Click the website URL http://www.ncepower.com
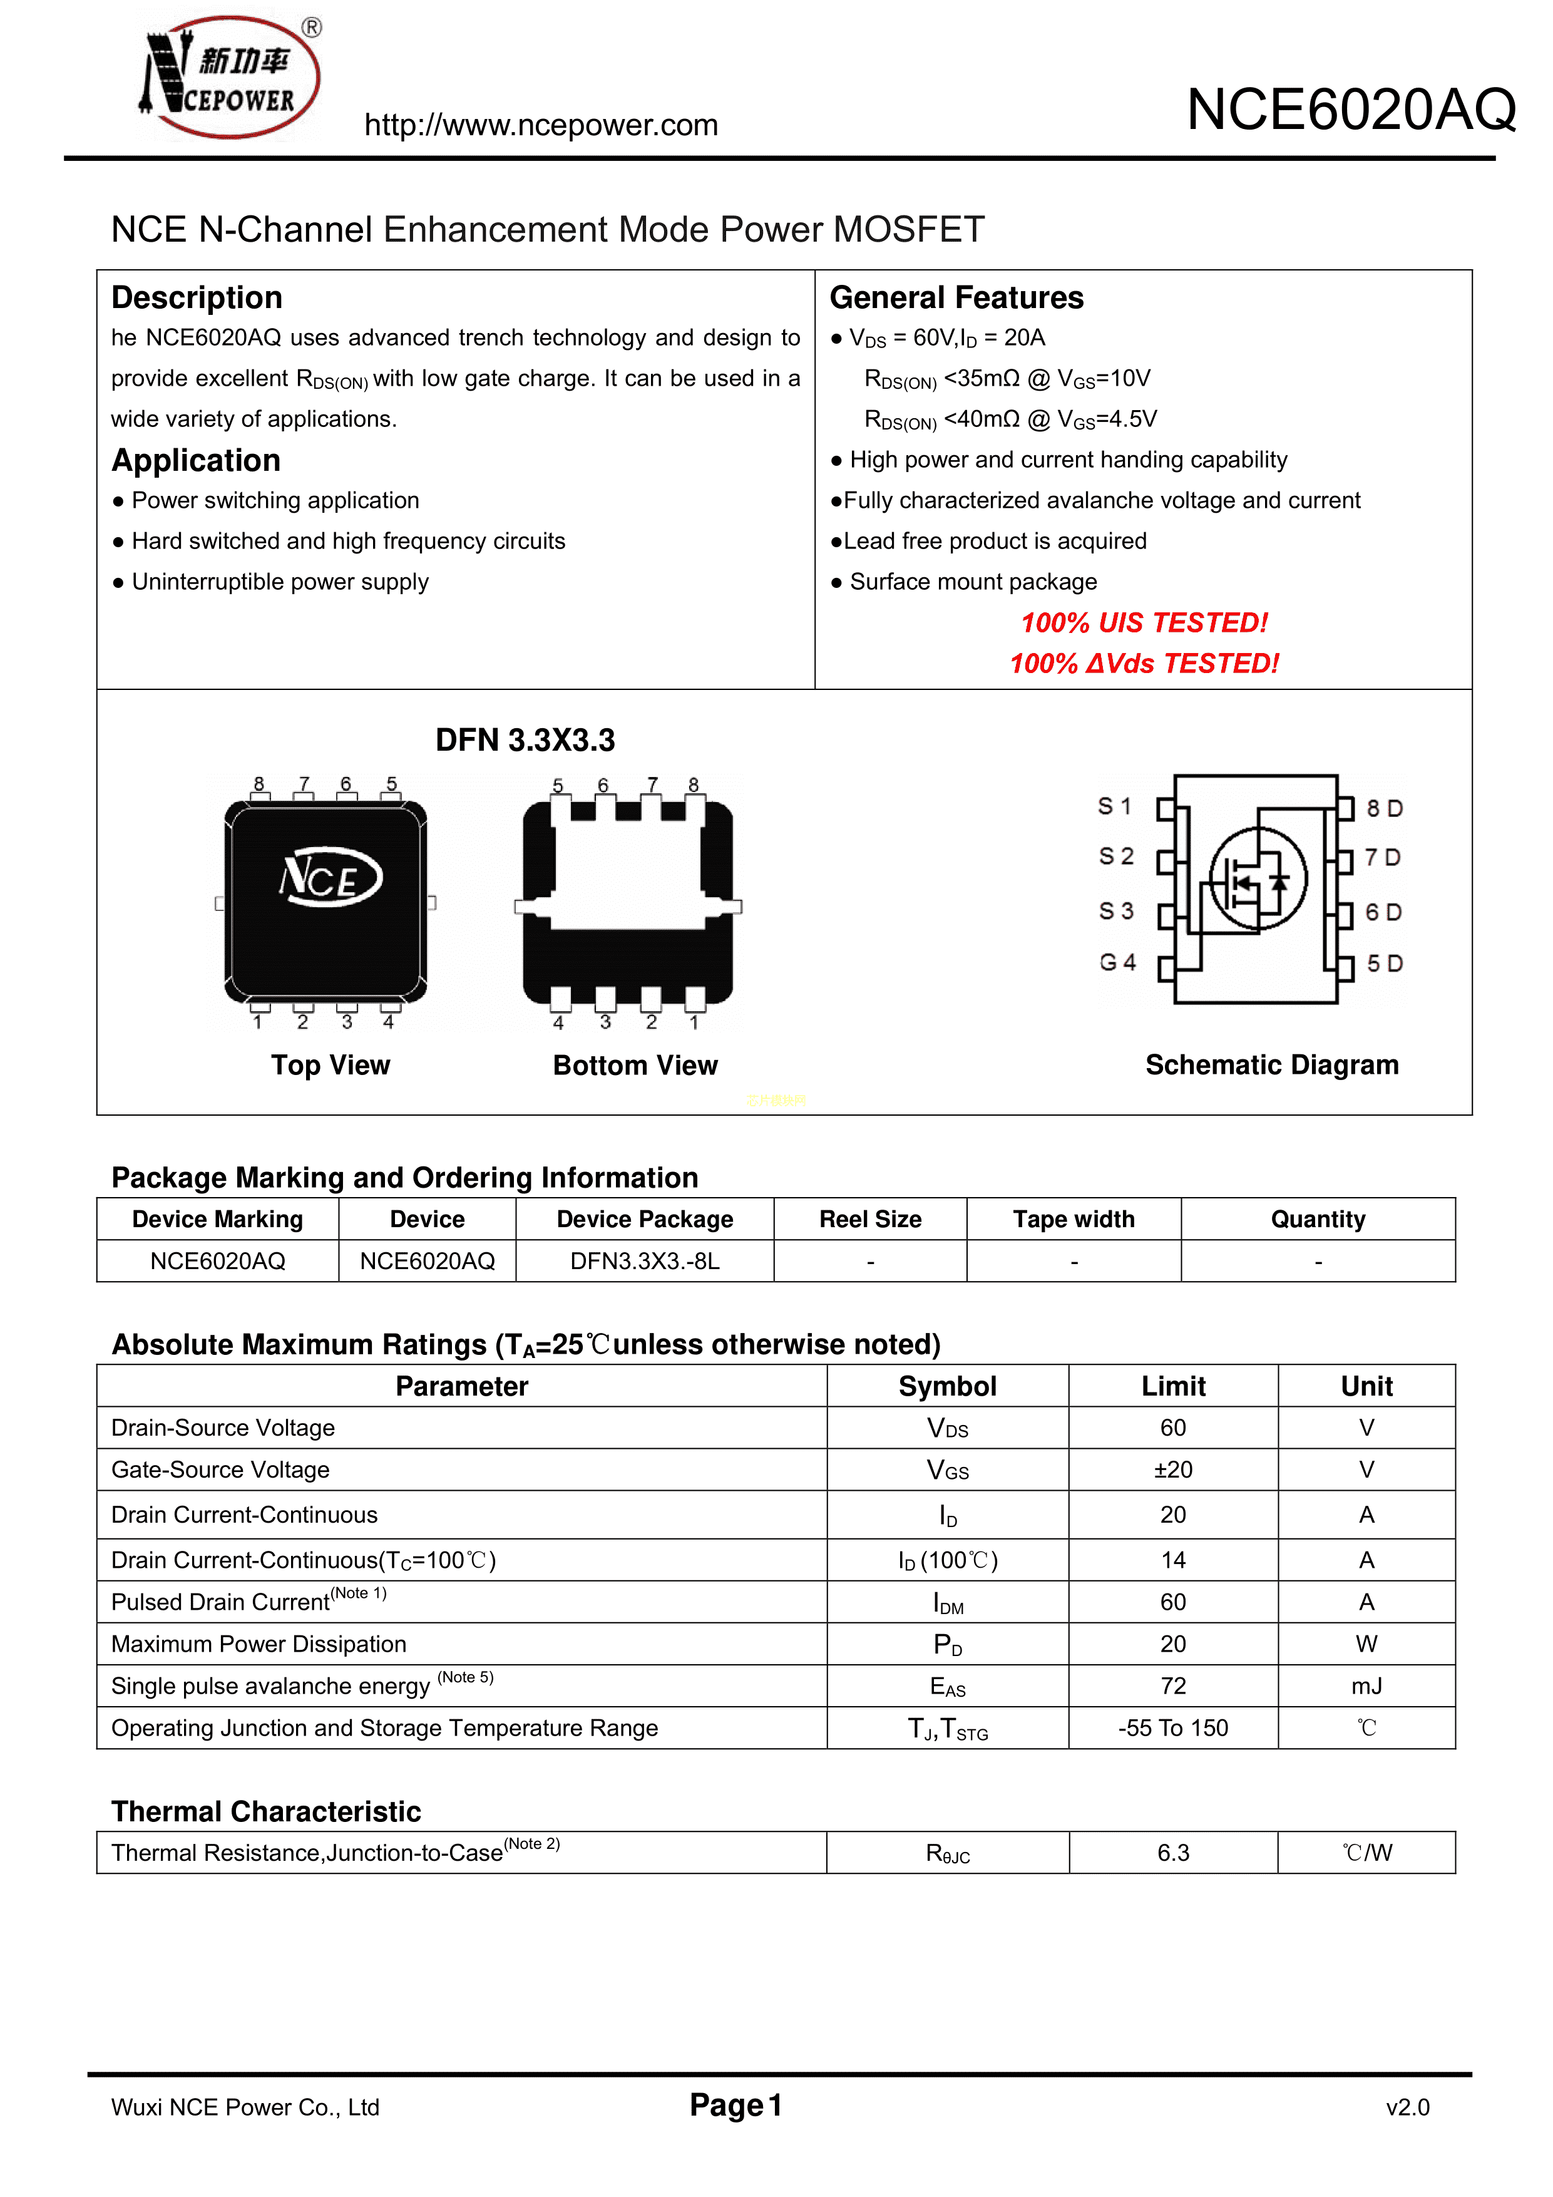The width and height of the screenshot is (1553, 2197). [541, 125]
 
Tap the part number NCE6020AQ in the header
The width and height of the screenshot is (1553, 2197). [1350, 110]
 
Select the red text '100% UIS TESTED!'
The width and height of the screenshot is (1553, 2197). [1144, 623]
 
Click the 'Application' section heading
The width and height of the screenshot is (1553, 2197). [196, 460]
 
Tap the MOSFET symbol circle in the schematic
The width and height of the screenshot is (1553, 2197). [1258, 878]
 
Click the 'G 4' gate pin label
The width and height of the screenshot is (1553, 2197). [1117, 962]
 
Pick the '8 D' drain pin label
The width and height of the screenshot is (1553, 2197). [1383, 808]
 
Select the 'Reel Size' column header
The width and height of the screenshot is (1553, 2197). [870, 1219]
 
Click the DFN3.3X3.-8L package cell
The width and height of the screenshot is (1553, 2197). [644, 1261]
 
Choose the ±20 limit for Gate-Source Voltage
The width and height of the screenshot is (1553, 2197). [1172, 1469]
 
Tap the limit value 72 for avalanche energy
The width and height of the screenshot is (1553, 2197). [1172, 1686]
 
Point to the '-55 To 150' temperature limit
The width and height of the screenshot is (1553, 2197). [1172, 1728]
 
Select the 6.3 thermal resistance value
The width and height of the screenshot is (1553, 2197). [1172, 1853]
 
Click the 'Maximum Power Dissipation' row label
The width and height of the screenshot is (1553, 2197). [259, 1644]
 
